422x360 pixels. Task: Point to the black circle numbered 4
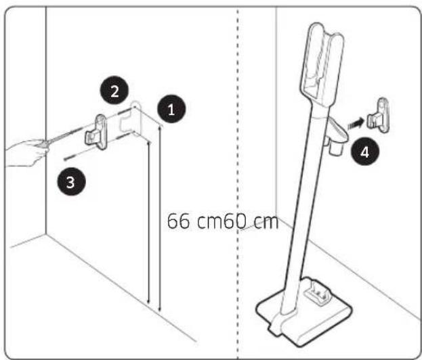[x=364, y=152]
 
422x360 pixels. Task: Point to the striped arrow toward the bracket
[x=354, y=123]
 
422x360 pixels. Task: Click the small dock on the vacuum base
[x=316, y=295]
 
